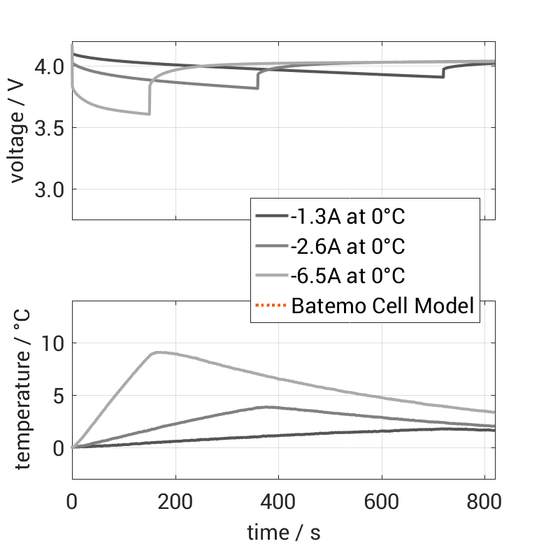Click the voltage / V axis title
tap(18, 131)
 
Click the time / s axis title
tap(284, 533)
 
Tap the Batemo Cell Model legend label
tap(383, 306)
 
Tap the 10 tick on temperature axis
tap(53, 343)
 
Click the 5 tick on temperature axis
tap(59, 396)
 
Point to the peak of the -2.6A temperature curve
tap(265, 406)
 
